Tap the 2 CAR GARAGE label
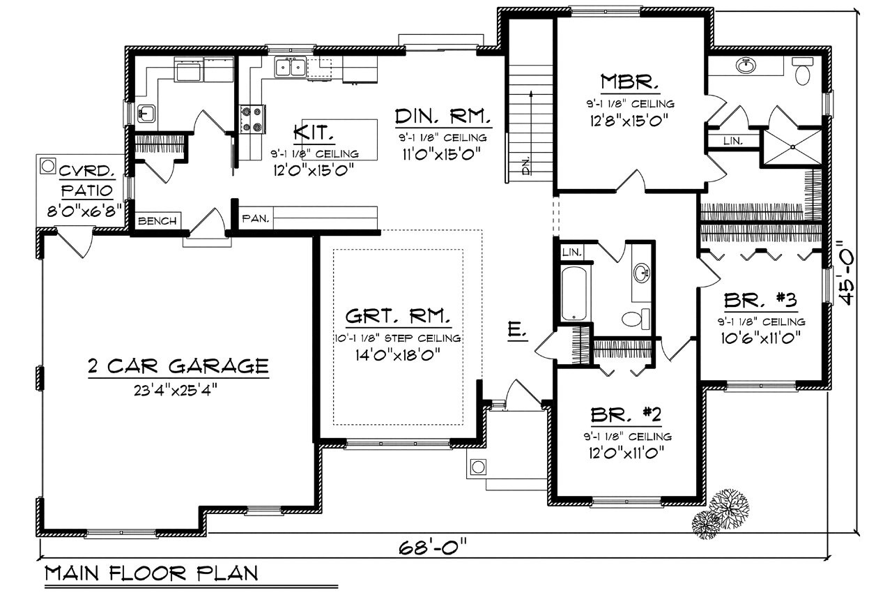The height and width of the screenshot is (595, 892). click(178, 366)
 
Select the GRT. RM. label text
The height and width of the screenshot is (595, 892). click(397, 317)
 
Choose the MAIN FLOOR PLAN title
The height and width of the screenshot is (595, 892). click(151, 574)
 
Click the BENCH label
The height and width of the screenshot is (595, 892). click(157, 221)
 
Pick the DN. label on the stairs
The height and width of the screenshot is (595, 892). click(526, 165)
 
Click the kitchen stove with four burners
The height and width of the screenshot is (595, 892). click(252, 119)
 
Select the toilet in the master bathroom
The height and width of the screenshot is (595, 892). click(803, 70)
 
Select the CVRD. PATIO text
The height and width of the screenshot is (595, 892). click(86, 180)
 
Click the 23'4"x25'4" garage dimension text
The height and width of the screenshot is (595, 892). click(178, 389)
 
